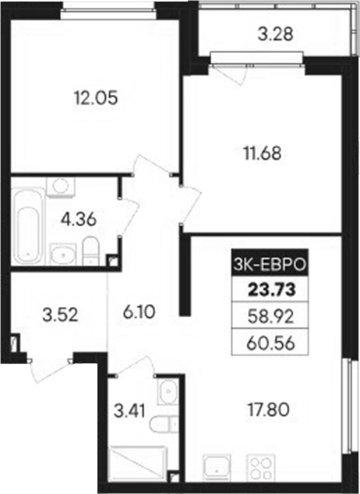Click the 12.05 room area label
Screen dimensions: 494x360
pyautogui.click(x=90, y=99)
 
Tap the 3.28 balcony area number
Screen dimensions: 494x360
pyautogui.click(x=275, y=34)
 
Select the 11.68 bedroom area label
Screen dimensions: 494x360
pyautogui.click(x=261, y=152)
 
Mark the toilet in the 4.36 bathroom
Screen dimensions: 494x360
pyautogui.click(x=90, y=252)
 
